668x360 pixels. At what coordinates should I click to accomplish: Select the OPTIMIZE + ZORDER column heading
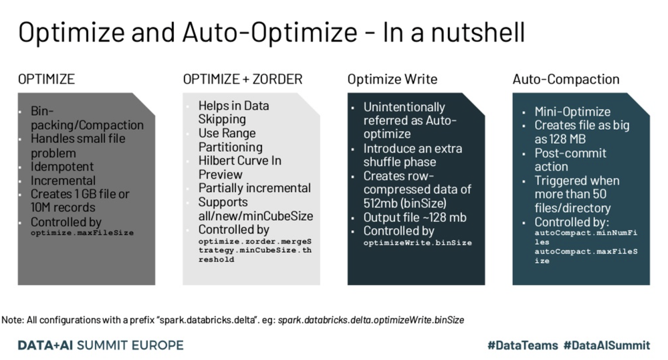point(243,79)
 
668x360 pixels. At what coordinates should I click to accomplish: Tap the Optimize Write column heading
point(393,80)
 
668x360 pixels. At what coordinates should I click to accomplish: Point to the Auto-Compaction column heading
point(566,79)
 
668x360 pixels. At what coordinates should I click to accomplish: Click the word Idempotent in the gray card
point(62,167)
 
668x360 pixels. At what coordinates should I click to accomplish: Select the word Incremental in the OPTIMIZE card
point(63,181)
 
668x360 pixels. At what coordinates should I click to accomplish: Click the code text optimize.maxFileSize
point(82,233)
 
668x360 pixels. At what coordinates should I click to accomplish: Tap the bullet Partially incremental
point(254,188)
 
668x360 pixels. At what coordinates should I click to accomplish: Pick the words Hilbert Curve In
point(240,161)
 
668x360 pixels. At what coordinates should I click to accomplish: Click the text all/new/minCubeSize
point(255,216)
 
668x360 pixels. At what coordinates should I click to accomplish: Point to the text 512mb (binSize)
point(405,203)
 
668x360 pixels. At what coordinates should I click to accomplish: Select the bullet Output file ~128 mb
point(415,217)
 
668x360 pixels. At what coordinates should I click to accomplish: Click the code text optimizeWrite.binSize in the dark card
point(417,243)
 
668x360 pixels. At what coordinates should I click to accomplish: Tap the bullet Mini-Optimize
point(572,112)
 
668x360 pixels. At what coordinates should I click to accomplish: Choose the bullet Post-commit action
point(570,160)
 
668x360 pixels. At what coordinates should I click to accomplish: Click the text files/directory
point(572,208)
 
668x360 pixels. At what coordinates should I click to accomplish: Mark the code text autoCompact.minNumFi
point(586,233)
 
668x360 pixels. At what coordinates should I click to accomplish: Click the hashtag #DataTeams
point(523,345)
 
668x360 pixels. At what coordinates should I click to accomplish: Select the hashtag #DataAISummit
point(606,345)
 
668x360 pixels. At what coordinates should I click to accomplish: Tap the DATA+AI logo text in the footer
point(45,345)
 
